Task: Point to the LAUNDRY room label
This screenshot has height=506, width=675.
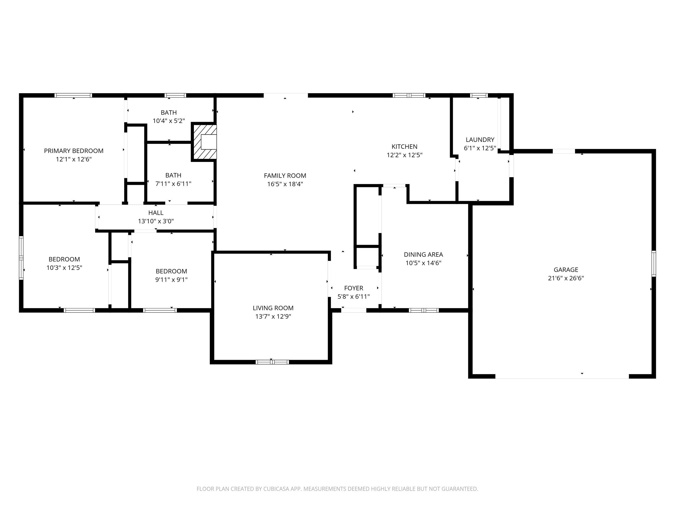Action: point(480,140)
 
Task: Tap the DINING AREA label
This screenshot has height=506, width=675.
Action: point(423,254)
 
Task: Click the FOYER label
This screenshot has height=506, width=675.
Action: point(353,288)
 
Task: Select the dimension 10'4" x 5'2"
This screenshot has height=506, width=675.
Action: point(168,121)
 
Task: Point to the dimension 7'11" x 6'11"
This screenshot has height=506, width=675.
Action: point(173,184)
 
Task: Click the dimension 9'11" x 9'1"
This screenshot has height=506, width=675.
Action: point(171,279)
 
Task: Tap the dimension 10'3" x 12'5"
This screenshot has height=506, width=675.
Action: point(64,267)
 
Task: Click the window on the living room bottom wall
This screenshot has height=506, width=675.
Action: point(272,362)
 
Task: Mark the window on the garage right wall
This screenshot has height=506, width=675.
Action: point(654,263)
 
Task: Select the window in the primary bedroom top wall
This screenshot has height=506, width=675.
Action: point(73,95)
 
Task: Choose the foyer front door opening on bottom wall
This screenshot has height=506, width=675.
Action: point(354,310)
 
